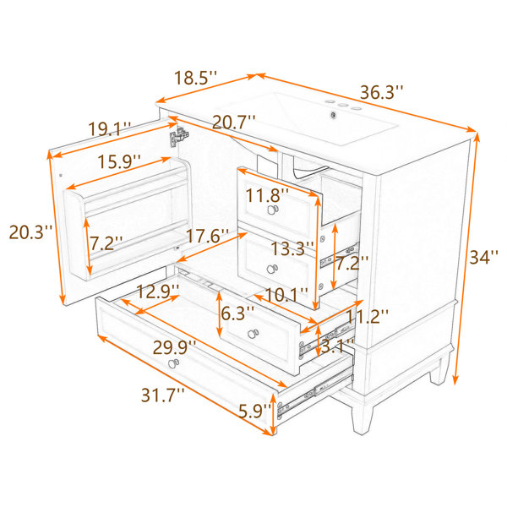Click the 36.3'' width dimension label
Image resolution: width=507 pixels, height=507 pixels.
382,92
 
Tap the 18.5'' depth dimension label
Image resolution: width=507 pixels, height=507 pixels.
195,78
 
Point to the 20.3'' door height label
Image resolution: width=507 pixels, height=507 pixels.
30,232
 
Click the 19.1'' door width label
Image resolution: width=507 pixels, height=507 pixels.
110,128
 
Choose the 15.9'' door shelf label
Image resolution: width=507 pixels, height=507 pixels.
119,161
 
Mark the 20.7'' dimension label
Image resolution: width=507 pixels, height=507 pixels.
233,122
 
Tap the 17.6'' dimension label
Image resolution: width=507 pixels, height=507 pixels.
207,236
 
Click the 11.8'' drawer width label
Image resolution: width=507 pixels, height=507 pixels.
267,195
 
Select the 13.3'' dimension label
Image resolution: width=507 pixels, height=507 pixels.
292,248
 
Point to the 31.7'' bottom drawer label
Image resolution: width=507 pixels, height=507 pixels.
162,395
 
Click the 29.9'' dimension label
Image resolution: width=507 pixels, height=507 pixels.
174,347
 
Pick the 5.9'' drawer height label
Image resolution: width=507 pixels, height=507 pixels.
255,411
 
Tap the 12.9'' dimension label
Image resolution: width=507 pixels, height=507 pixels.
158,292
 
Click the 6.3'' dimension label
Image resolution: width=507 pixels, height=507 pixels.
237,313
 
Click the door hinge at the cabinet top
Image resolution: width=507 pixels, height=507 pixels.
179,137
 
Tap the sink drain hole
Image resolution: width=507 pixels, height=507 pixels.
333,114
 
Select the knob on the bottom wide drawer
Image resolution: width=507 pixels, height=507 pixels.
173,363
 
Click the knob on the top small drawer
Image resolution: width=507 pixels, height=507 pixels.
273,210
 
